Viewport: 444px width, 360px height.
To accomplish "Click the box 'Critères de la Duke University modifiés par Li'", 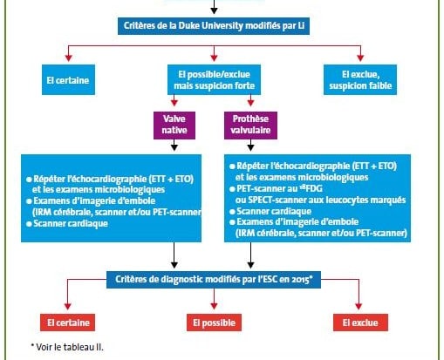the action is click(214, 26).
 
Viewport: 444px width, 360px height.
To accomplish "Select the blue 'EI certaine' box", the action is click(68, 79).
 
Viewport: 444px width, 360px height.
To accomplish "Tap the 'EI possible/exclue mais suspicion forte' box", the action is click(214, 79).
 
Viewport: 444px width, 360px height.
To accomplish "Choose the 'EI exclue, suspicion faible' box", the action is click(360, 79).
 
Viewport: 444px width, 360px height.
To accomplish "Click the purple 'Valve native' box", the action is click(174, 126).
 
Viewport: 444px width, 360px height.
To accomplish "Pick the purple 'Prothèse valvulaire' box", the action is click(250, 126).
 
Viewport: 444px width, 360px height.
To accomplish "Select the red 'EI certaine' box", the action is click(67, 323).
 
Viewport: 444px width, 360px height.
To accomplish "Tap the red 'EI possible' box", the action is click(214, 323).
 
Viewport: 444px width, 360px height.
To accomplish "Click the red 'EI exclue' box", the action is click(360, 323).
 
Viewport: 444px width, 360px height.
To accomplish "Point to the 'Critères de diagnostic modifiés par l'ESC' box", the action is click(214, 280).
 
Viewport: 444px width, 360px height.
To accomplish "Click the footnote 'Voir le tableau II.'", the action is click(67, 347).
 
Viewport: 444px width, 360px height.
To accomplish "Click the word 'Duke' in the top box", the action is click(188, 25).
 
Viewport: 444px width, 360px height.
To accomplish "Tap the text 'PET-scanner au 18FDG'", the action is click(279, 188).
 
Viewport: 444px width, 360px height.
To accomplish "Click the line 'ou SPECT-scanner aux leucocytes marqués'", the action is click(320, 200).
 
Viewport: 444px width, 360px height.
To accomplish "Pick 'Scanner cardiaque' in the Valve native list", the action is click(71, 223).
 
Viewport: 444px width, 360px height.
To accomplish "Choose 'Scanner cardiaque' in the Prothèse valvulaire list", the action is click(274, 211).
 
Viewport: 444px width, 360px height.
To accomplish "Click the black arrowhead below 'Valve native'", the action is click(174, 147).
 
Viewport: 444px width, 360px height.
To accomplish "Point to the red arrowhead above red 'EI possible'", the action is click(214, 306).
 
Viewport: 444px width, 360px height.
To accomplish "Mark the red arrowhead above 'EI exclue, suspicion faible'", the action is click(360, 58).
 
